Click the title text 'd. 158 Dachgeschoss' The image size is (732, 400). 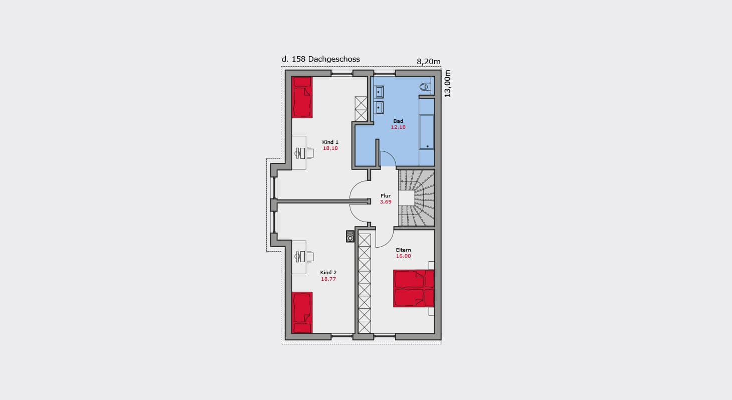click(320, 59)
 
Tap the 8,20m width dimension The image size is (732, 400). click(428, 62)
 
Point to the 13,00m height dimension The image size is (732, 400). click(447, 83)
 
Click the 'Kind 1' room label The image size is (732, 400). click(330, 142)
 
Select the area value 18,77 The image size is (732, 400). click(328, 279)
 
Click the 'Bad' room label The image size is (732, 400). click(398, 121)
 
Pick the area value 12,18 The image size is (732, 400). click(398, 127)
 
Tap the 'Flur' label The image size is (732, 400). click(386, 196)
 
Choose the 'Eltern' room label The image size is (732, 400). click(403, 250)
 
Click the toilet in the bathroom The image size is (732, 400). click(424, 87)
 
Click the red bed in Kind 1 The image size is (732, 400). click(302, 97)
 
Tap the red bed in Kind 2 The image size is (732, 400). click(302, 312)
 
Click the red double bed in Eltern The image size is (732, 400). click(414, 289)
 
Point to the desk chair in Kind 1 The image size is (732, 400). click(310, 153)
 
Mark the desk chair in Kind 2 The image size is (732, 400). click(310, 257)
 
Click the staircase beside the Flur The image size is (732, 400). click(416, 198)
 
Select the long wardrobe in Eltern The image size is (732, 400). click(364, 283)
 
